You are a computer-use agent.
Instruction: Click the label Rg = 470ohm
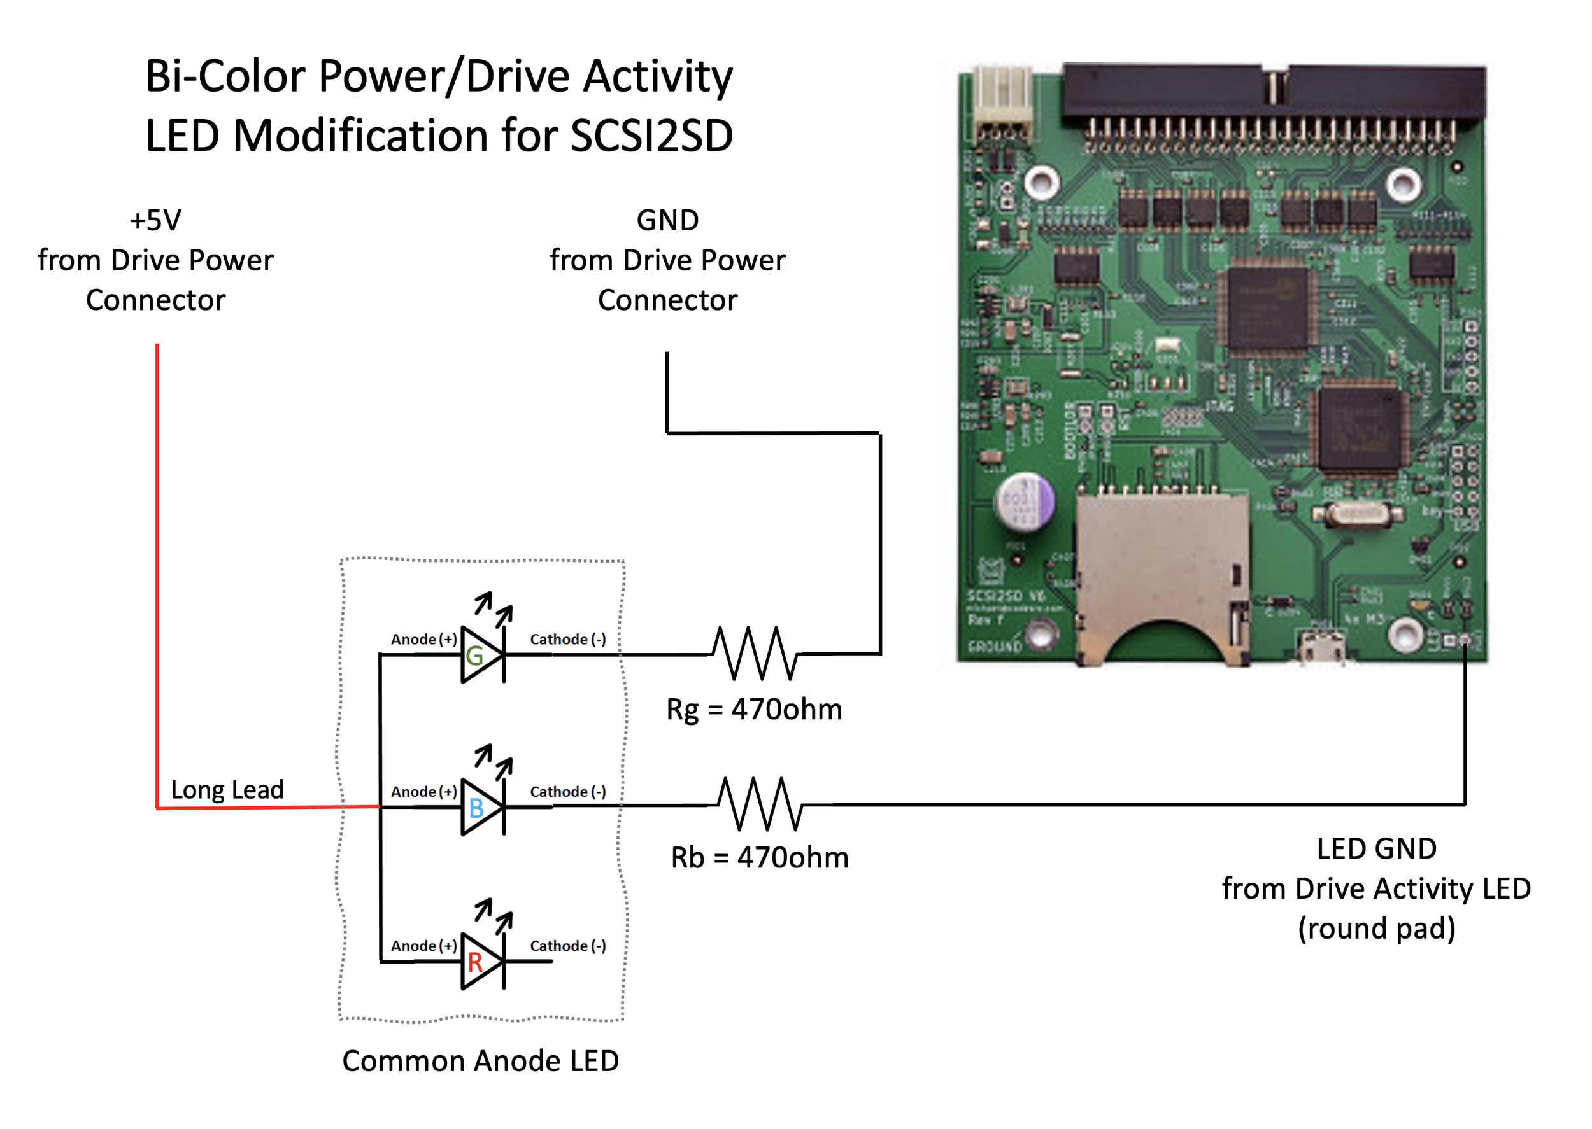(754, 710)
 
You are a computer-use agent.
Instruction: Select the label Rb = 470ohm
(760, 858)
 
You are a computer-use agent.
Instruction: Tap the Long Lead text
(227, 790)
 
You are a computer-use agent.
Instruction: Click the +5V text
(155, 220)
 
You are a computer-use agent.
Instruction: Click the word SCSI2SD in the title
(651, 136)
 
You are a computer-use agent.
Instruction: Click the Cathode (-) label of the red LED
(567, 946)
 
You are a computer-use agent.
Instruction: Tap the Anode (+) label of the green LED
(423, 640)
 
